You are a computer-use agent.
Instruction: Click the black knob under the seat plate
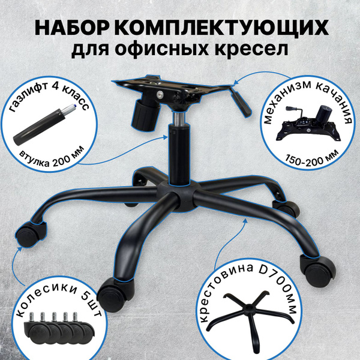pos(143,110)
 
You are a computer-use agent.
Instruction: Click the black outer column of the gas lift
pos(179,159)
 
